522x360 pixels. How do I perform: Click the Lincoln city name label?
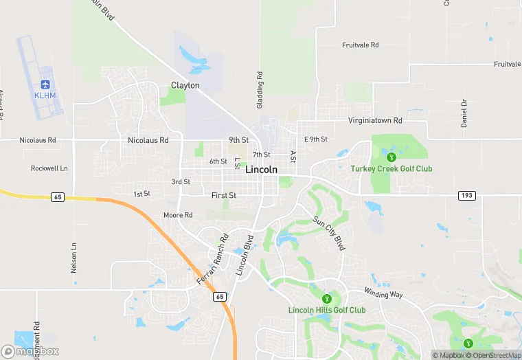pos(261,170)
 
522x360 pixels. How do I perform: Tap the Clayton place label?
pos(185,86)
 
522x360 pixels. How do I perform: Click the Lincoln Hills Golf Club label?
pos(327,310)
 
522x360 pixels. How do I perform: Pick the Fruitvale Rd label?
pos(360,45)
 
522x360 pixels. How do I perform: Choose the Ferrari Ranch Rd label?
pos(212,260)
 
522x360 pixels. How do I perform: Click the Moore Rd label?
pos(178,215)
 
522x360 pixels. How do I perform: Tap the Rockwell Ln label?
pos(49,168)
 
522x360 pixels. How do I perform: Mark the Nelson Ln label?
pos(74,258)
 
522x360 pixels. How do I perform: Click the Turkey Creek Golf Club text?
pos(391,169)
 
